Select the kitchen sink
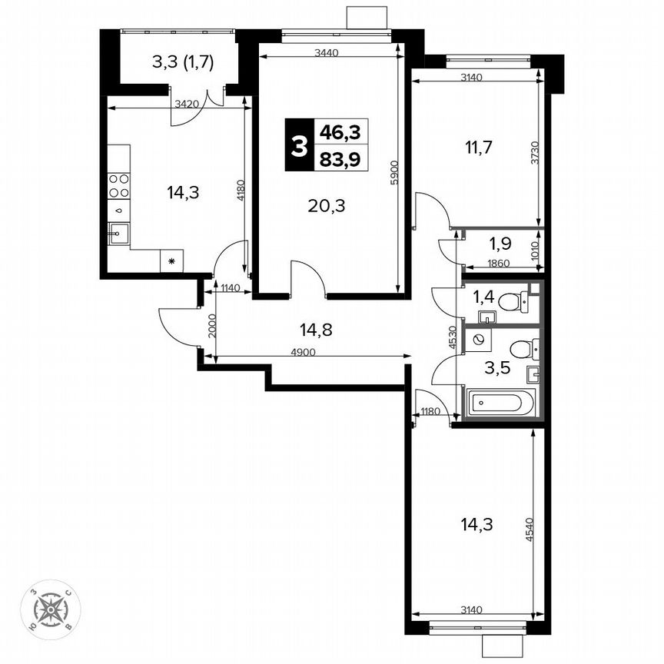pyautogui.click(x=118, y=231)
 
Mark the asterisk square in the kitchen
pyautogui.click(x=171, y=261)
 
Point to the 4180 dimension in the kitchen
pyautogui.click(x=241, y=190)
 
